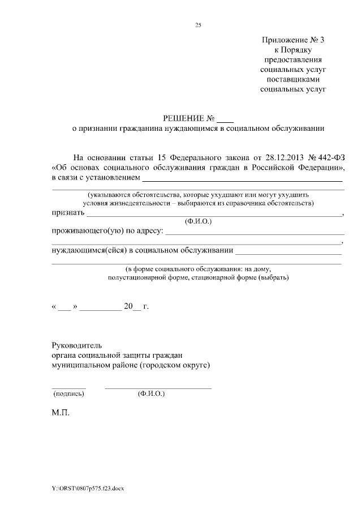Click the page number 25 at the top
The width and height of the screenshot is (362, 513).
[198, 25]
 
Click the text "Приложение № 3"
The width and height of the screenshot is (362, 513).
[294, 40]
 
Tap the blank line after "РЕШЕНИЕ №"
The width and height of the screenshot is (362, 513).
[225, 120]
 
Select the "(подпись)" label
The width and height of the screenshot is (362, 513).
[68, 393]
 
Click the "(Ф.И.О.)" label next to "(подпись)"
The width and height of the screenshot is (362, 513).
[151, 393]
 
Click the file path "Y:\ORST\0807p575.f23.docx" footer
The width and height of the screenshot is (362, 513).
[88, 489]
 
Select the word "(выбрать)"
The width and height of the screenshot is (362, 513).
[273, 278]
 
